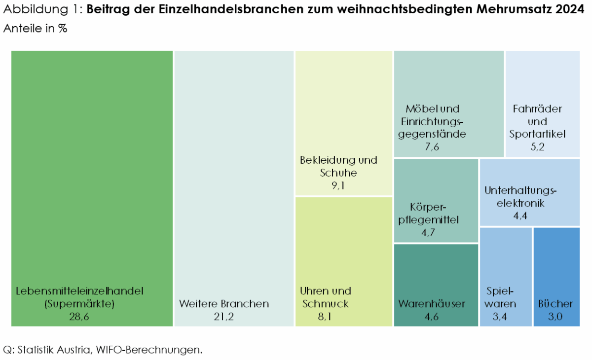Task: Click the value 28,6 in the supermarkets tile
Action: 79,317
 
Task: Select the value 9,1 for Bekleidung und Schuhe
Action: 338,186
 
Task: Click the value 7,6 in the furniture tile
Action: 432,147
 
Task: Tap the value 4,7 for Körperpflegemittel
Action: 428,233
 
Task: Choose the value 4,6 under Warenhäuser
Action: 431,317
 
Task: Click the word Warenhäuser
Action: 432,304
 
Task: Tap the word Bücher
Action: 555,304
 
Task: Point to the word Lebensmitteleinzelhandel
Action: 79,290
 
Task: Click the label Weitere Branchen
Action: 224,304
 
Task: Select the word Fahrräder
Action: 537,109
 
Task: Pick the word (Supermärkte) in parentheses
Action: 79,304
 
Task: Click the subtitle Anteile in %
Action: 35,29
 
